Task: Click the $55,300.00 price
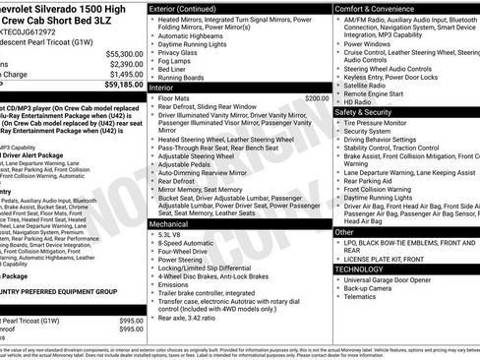(x=123, y=53)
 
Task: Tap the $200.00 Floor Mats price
(x=317, y=98)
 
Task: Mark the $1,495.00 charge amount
(x=124, y=73)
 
